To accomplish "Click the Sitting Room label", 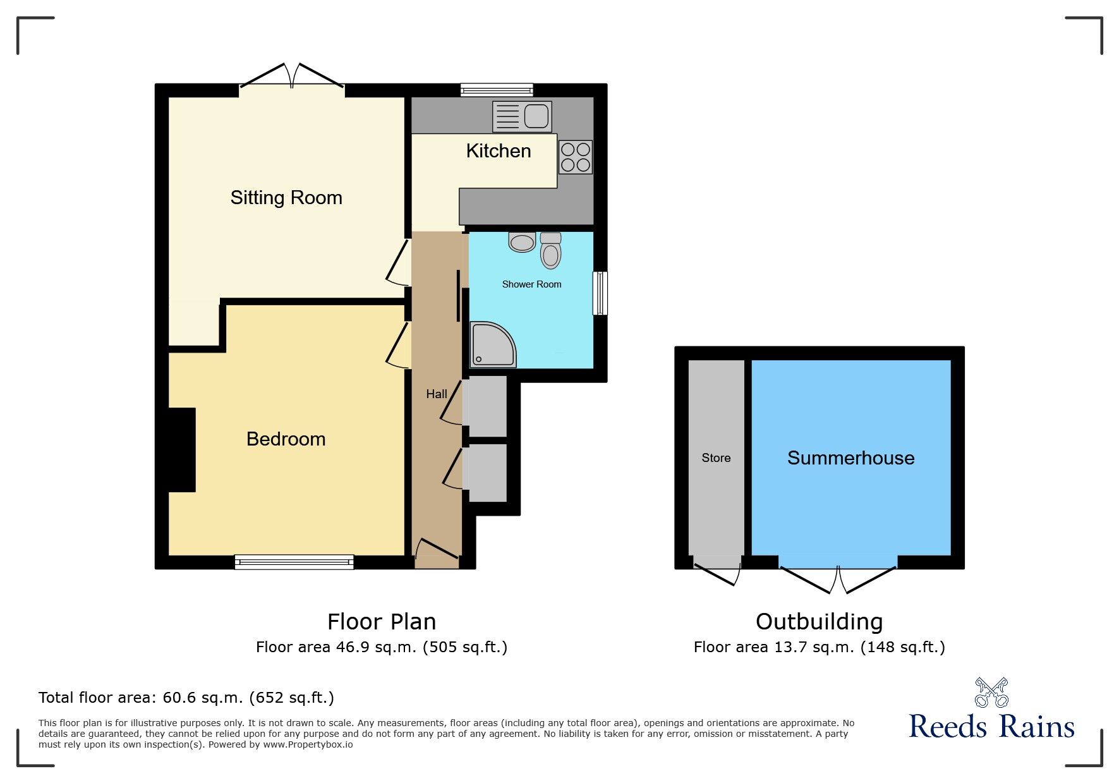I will click(286, 198).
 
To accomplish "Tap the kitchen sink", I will click(522, 116).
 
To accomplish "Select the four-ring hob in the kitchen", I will click(575, 157).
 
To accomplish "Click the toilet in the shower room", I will click(551, 251).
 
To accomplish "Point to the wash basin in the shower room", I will click(522, 242).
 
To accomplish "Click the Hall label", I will click(436, 394).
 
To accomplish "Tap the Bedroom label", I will click(286, 439).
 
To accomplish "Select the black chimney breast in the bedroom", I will click(182, 450).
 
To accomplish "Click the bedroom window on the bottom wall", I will click(294, 562).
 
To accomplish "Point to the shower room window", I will click(600, 293).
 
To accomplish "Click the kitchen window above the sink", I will click(497, 90).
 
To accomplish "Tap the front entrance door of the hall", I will click(436, 549).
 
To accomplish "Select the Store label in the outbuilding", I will click(716, 458).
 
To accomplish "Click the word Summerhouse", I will click(850, 458).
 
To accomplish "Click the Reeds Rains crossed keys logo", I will click(991, 693).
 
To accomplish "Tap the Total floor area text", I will click(186, 697).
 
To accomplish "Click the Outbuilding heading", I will click(819, 621).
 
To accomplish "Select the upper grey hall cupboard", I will click(485, 406).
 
